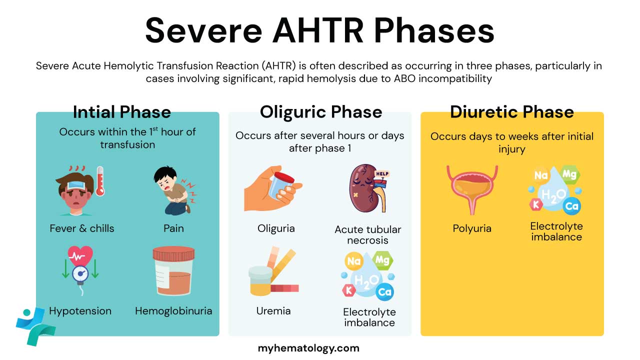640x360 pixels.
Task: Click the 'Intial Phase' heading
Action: coord(122,112)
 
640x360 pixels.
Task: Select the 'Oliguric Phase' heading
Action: coord(320,112)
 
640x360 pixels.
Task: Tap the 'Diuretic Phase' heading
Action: coord(512,112)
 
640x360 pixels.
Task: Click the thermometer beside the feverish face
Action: coord(100,181)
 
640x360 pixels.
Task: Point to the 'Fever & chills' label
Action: coord(82,228)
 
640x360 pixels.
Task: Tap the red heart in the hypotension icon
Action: coord(80,256)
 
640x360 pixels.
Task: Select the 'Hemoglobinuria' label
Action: coord(173,311)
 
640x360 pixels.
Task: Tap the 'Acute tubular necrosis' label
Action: coord(368,235)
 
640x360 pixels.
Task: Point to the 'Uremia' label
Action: coord(273,311)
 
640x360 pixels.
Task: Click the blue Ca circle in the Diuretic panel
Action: coord(571,205)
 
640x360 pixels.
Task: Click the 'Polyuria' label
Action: coord(472,228)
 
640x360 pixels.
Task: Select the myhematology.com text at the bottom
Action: coord(308,348)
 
